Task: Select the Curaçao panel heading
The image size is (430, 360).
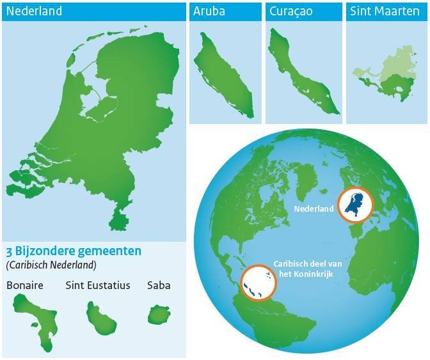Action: [x=291, y=12]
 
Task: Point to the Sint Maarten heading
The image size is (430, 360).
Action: [x=385, y=12]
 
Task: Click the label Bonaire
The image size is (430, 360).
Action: [x=24, y=285]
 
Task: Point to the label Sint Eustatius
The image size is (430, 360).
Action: [x=97, y=285]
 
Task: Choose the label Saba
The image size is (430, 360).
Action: [x=159, y=285]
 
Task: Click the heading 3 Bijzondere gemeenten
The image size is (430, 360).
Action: [x=73, y=251]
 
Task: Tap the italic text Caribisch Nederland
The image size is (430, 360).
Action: [x=51, y=264]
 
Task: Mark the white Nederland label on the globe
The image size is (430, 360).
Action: [x=314, y=209]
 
